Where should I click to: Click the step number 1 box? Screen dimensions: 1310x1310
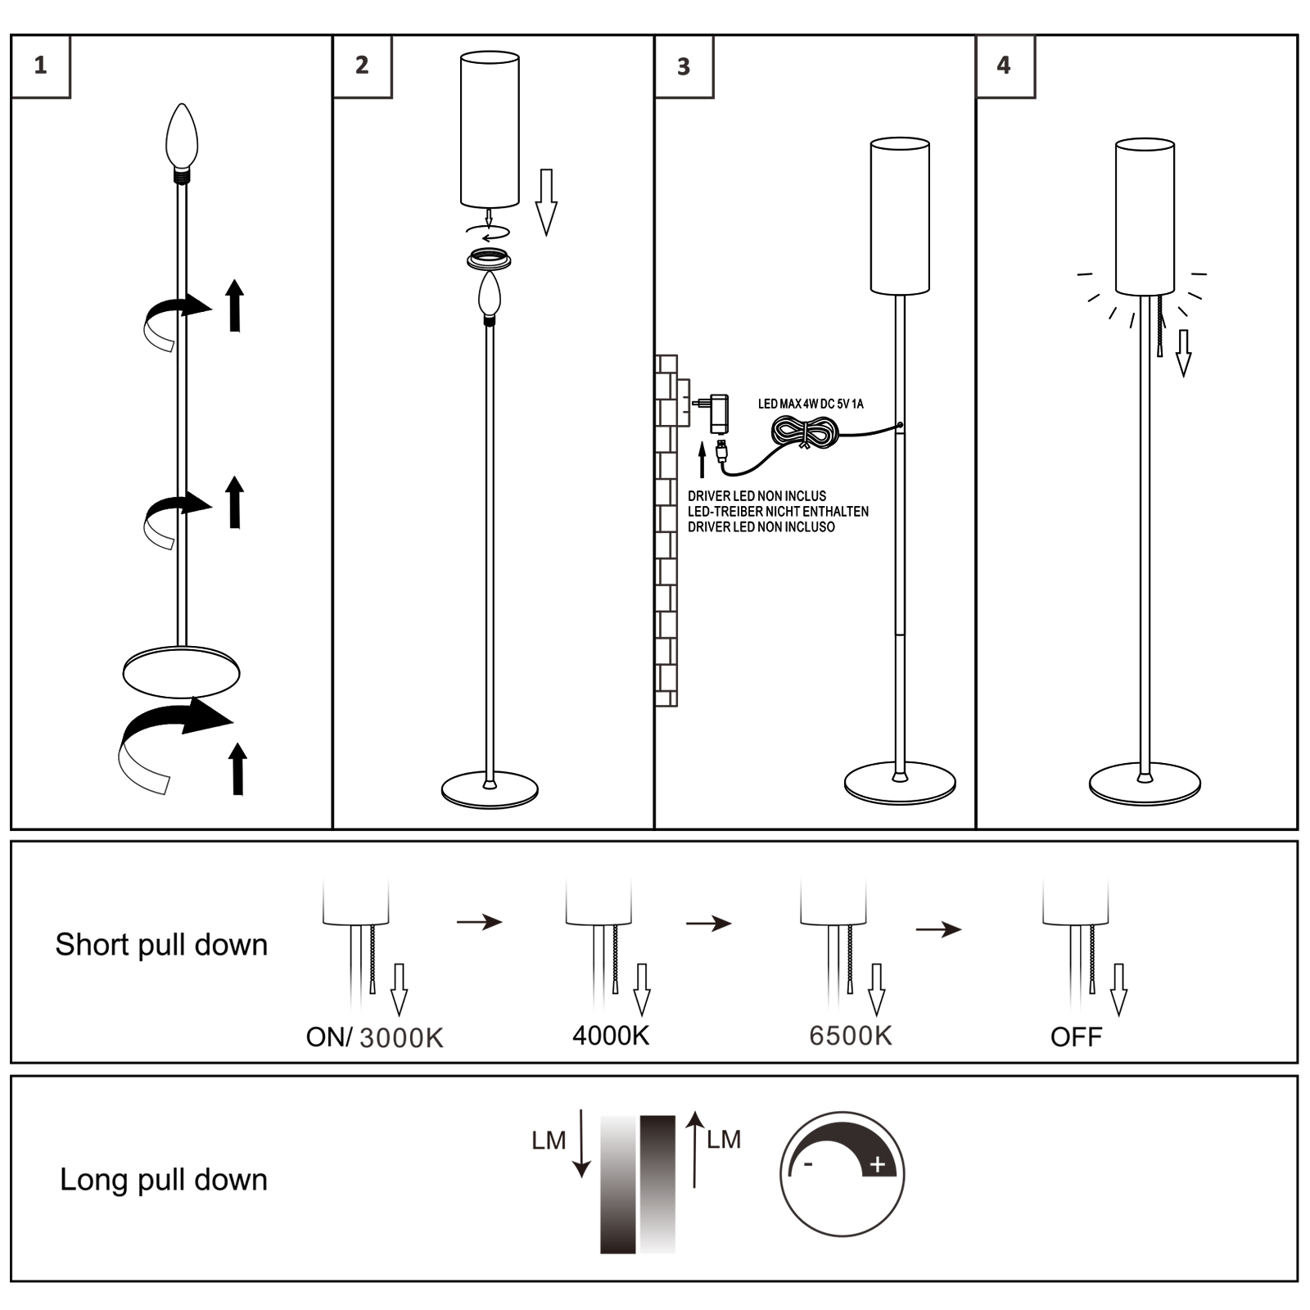click(x=41, y=66)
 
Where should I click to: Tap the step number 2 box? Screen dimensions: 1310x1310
click(x=363, y=66)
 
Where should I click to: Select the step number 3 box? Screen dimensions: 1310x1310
click(x=684, y=66)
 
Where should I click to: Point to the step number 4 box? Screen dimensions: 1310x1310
click(x=1005, y=66)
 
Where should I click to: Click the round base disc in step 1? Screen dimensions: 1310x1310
click(x=181, y=672)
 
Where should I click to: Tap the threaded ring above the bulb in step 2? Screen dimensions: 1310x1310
click(x=489, y=260)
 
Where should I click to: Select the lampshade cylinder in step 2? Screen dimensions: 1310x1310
click(x=490, y=129)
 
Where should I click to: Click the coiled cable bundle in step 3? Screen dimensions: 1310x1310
click(x=806, y=431)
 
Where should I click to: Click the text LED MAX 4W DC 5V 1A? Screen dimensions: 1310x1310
click(x=811, y=404)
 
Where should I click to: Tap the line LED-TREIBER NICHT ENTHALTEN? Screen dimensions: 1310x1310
click(x=778, y=512)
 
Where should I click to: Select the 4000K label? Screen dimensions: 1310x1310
click(x=611, y=1036)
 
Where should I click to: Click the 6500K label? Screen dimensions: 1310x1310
click(x=851, y=1036)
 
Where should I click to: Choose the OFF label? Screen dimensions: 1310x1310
click(x=1076, y=1037)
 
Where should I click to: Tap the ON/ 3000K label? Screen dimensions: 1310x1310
click(x=374, y=1037)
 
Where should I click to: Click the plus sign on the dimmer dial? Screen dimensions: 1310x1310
click(x=878, y=1164)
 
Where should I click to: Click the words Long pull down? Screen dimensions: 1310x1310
click(x=164, y=1180)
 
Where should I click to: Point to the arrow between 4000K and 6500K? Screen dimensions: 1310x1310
click(x=709, y=924)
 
